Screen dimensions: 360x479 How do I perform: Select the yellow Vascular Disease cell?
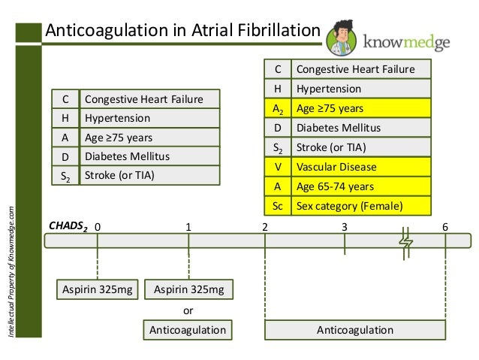(x=362, y=166)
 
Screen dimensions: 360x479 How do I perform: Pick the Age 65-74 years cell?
(x=362, y=186)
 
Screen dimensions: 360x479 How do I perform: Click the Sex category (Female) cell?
(x=362, y=205)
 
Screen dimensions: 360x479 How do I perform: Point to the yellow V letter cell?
(x=277, y=166)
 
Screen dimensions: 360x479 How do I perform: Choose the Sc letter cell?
(x=277, y=205)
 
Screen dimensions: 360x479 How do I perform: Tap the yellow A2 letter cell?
(x=277, y=108)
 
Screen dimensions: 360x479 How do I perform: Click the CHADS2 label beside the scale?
(x=68, y=225)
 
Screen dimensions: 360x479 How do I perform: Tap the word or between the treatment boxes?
(x=188, y=310)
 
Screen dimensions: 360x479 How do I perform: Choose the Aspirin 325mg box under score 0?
(x=98, y=289)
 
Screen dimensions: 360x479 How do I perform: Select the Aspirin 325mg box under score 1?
(x=188, y=289)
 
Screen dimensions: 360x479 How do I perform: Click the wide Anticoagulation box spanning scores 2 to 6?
(x=355, y=330)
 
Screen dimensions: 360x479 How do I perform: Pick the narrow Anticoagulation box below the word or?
(x=188, y=330)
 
